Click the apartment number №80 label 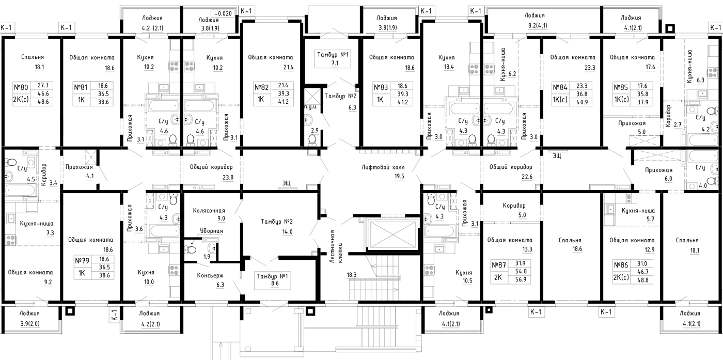click(x=21, y=87)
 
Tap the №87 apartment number click(x=499, y=265)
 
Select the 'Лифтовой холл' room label click(x=383, y=167)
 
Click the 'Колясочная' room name click(x=209, y=211)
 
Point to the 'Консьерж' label click(x=210, y=275)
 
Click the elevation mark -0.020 click(x=223, y=13)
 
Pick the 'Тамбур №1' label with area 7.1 click(x=333, y=55)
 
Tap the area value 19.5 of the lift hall click(x=399, y=176)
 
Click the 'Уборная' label click(x=211, y=231)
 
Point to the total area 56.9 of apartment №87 click(x=521, y=279)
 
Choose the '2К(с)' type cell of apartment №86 click(x=621, y=277)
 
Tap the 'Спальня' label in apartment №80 click(x=32, y=57)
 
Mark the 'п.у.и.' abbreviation click(x=311, y=106)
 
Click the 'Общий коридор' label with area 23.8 click(x=211, y=167)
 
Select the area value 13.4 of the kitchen click(x=449, y=67)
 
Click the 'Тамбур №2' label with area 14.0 click(x=277, y=222)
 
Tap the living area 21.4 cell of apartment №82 click(x=283, y=85)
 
